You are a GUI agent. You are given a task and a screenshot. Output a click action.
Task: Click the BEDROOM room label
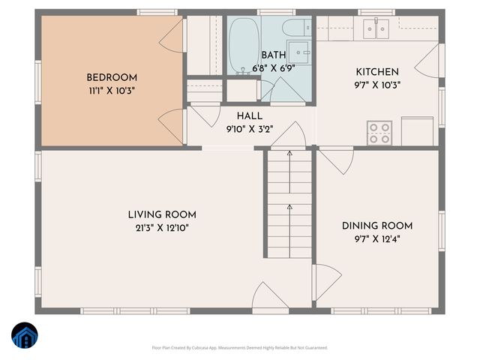112,77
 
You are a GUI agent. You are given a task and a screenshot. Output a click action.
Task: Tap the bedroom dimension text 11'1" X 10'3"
112,90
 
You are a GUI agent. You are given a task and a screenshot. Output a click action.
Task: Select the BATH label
273,55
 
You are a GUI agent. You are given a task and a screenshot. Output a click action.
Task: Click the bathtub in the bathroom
242,45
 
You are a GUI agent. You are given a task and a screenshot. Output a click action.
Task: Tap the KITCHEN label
376,72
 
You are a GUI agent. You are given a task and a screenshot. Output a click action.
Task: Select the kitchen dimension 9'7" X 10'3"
376,85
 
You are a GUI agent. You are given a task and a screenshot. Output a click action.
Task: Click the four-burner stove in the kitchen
379,133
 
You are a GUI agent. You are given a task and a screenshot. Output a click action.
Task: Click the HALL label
250,116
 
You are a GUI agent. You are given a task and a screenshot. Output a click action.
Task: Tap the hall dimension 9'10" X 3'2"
250,128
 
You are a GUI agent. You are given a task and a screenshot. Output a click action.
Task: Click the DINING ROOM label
376,226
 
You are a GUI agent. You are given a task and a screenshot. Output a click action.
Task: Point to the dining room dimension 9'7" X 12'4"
376,238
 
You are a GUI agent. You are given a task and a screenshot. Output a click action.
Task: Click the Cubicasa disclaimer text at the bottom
240,347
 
